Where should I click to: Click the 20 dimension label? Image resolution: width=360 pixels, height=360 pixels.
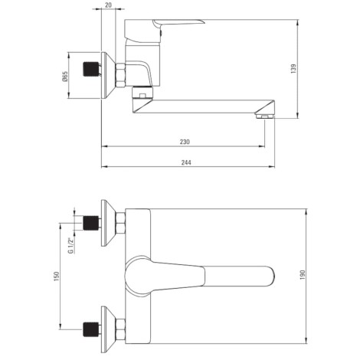(108, 5)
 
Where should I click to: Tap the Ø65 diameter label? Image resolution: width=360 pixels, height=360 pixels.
(65, 77)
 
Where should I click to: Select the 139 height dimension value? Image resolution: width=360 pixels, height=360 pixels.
(293, 69)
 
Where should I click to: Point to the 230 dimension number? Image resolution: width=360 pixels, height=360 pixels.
(185, 142)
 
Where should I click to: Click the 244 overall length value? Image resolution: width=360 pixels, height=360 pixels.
(186, 162)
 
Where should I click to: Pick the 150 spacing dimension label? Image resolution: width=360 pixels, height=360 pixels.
(57, 277)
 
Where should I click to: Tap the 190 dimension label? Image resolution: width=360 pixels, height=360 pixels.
(303, 275)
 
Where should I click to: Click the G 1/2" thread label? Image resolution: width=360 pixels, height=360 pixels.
(70, 245)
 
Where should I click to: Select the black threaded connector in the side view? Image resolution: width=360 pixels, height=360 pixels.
(91, 69)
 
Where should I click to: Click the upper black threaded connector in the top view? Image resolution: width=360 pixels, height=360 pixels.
(91, 223)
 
